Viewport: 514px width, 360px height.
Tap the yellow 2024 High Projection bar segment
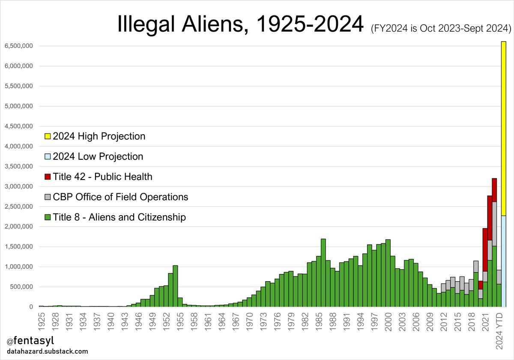[503, 129]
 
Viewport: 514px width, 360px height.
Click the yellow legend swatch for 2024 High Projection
[48, 136]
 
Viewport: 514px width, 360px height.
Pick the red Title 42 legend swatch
[48, 177]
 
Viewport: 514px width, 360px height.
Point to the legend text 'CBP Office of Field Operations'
[120, 197]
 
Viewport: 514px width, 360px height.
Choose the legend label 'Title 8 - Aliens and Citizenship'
[119, 217]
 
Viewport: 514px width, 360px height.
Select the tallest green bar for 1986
[323, 274]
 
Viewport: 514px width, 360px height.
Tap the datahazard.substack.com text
[47, 352]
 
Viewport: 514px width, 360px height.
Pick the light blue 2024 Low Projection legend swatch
[48, 156]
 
